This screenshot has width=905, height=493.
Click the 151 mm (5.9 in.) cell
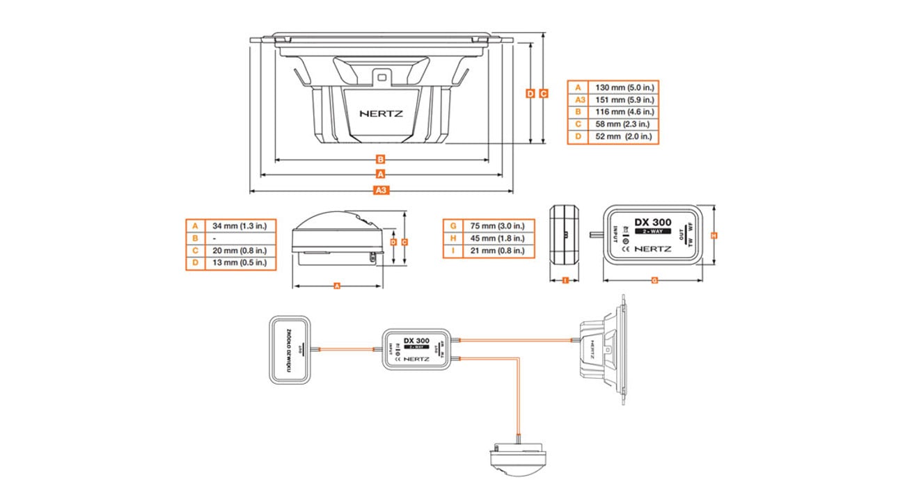point(622,99)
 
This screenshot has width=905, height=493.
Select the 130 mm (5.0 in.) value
point(622,88)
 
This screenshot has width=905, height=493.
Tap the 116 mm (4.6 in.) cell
point(622,111)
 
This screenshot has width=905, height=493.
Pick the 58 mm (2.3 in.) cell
point(622,124)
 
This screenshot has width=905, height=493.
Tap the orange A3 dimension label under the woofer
point(381,190)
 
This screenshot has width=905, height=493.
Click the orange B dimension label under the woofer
point(381,159)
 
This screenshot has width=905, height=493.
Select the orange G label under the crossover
point(654,280)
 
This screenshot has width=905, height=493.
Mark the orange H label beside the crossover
point(714,236)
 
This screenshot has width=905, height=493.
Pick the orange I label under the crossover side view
point(565,280)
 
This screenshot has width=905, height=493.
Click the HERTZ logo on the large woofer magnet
point(380,113)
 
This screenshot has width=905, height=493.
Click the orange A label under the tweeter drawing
point(337,286)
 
